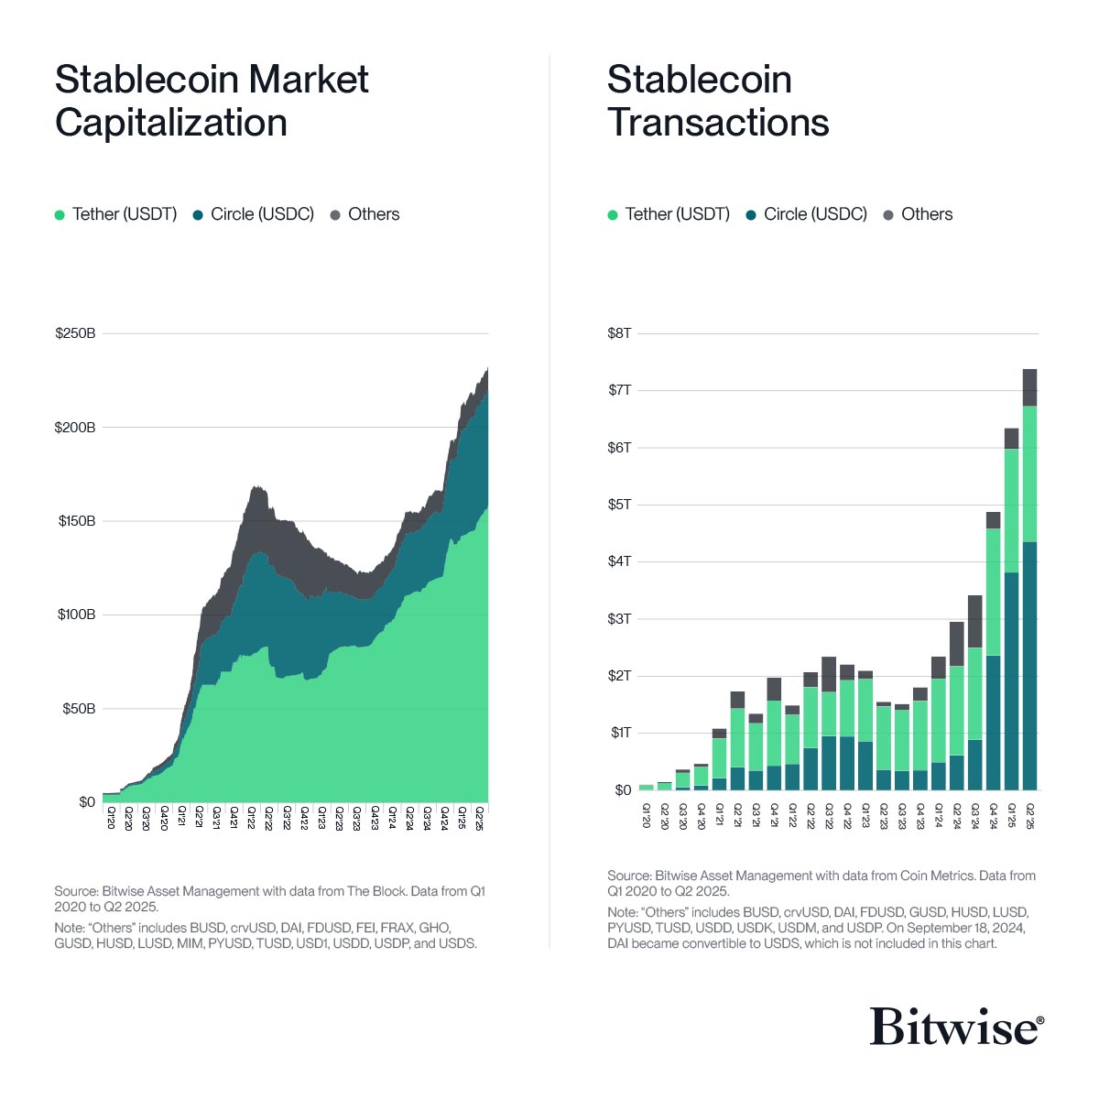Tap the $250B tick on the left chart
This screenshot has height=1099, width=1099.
click(75, 333)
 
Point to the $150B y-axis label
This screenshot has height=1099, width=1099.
click(77, 521)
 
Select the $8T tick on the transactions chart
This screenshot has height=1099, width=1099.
click(619, 333)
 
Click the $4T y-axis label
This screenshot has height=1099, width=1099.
click(619, 561)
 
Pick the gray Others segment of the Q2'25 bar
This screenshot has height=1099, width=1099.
click(1029, 387)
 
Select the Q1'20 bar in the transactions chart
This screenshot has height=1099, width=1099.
click(647, 787)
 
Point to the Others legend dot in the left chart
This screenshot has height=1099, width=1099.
click(335, 215)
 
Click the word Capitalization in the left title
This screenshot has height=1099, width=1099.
click(171, 123)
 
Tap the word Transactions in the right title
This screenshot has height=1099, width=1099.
click(718, 123)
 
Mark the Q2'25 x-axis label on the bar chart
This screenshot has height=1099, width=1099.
click(1029, 815)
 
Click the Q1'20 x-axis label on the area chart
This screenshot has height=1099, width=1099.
click(110, 817)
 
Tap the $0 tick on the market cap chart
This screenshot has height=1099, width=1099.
click(87, 802)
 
